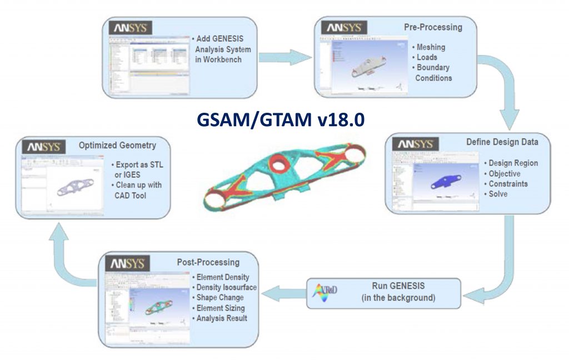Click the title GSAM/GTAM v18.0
click(x=281, y=120)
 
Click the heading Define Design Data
click(x=502, y=143)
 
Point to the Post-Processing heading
click(x=208, y=262)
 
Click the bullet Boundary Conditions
click(x=433, y=73)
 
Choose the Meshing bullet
click(x=431, y=47)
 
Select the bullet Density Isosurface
click(x=226, y=287)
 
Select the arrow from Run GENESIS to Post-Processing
click(x=283, y=293)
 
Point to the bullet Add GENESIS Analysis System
click(x=218, y=49)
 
